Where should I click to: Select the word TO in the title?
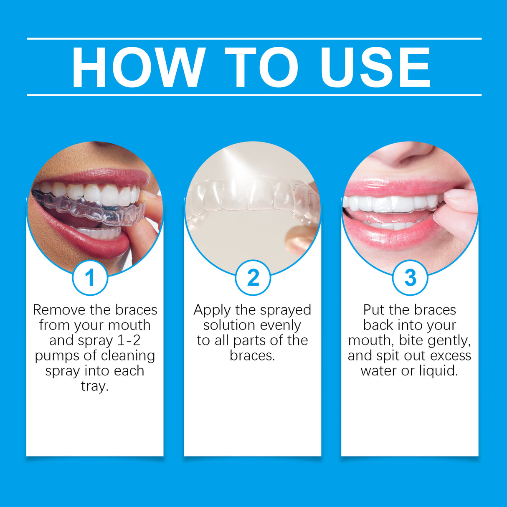[x=261, y=68]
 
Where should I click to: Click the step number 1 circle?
[x=90, y=278]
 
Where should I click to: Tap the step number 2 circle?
[x=253, y=278]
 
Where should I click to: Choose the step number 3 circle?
[x=410, y=278]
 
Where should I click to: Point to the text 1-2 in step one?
[x=129, y=340]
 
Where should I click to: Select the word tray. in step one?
[x=95, y=386]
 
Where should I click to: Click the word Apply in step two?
[x=212, y=310]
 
